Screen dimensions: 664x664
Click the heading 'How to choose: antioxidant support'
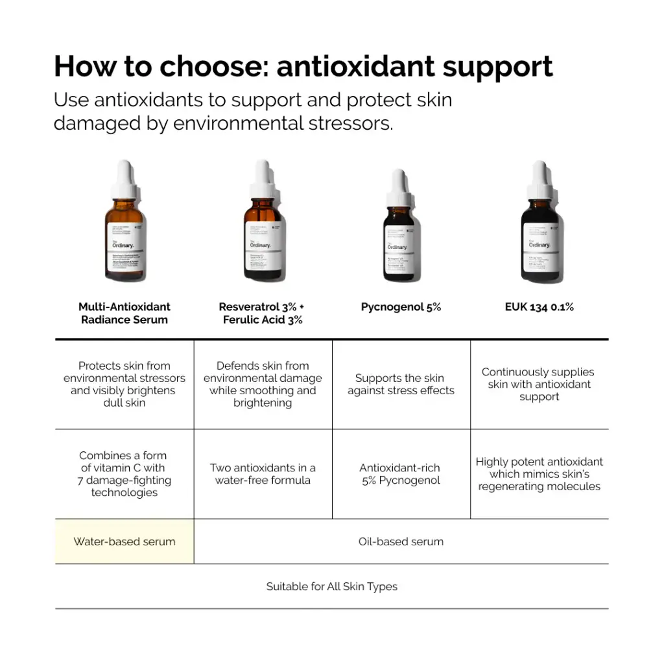pos(303,67)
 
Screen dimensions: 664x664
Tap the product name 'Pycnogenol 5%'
pos(401,307)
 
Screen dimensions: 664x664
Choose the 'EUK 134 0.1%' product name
pos(539,307)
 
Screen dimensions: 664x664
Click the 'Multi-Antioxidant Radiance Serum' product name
pos(124,313)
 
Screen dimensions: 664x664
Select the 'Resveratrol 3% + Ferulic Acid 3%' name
pos(262,313)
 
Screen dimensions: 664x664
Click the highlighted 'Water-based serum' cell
pos(124,541)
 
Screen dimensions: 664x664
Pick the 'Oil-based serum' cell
pos(401,541)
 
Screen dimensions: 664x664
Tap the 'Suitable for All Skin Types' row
pos(331,586)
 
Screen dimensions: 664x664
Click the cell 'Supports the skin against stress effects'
pos(401,384)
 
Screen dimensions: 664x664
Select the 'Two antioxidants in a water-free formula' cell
pos(263,474)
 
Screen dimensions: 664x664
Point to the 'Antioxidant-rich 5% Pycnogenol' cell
pos(401,474)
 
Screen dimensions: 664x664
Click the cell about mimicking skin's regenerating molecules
pos(539,474)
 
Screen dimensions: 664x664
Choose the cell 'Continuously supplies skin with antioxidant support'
pos(539,384)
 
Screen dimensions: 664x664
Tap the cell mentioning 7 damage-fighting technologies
pos(124,474)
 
